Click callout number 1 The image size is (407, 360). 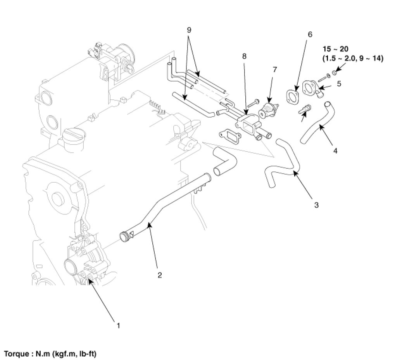click(x=118, y=325)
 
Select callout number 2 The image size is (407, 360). click(x=159, y=275)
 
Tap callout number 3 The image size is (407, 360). click(x=316, y=204)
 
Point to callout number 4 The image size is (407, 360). click(x=335, y=151)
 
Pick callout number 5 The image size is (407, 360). click(x=339, y=83)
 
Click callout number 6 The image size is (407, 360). click(x=310, y=34)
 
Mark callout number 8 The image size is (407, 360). click(x=244, y=56)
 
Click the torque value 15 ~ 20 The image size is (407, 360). click(x=336, y=49)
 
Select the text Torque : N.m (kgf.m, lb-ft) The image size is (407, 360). click(x=50, y=354)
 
